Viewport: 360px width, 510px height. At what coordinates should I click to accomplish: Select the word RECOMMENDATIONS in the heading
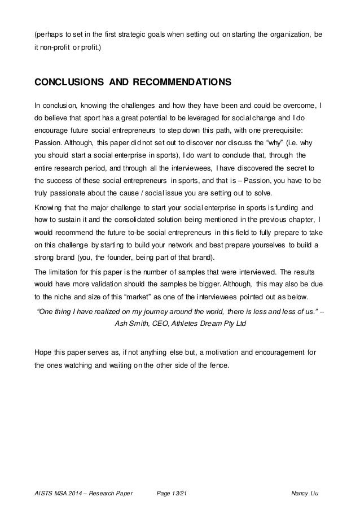click(181, 82)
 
